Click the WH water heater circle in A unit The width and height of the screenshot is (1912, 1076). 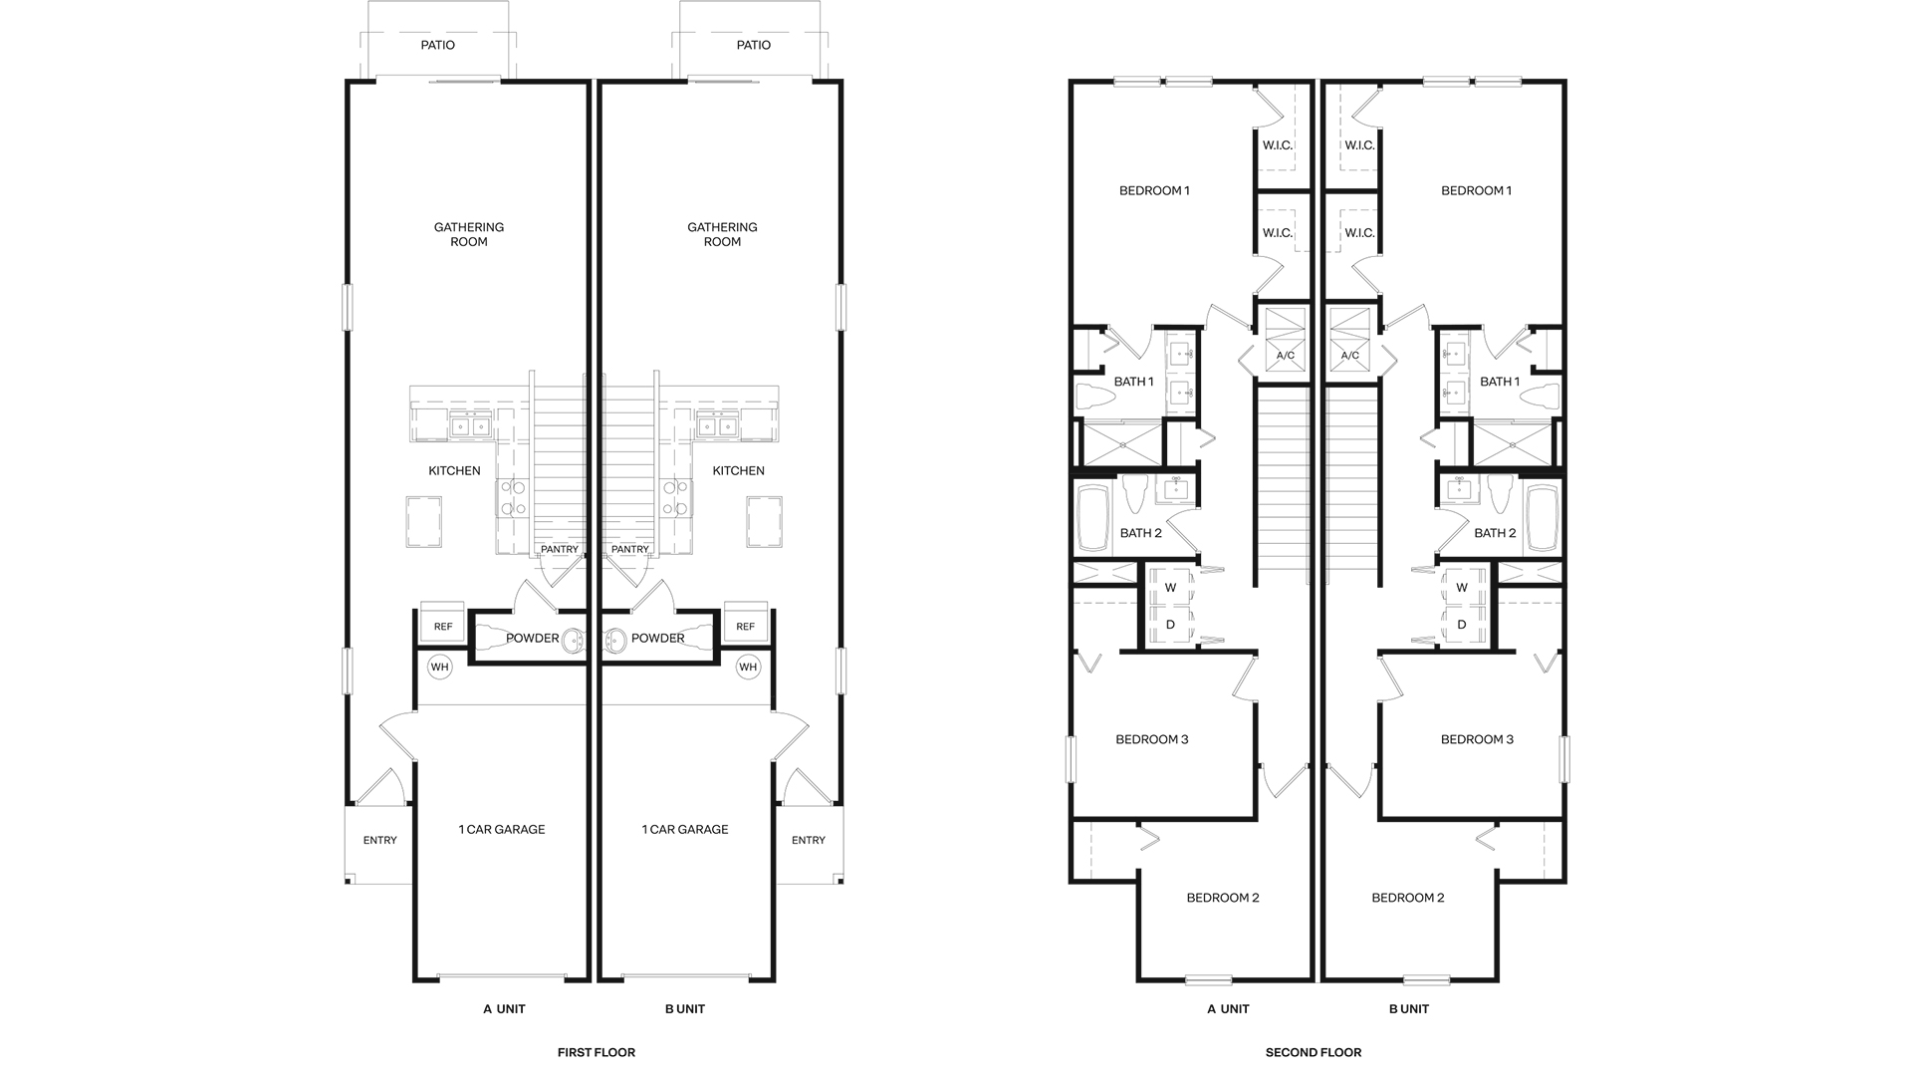click(439, 667)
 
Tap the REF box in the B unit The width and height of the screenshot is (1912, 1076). click(745, 626)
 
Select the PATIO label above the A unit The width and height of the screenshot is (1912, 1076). click(437, 45)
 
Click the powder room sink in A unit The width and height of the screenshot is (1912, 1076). click(574, 641)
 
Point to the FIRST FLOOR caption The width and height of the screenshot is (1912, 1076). click(596, 1052)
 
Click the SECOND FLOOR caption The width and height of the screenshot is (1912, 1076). click(1313, 1052)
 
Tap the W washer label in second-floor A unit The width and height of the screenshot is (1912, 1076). click(1170, 588)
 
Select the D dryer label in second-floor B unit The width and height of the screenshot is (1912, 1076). click(1461, 625)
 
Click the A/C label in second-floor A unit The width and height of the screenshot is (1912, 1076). click(1285, 356)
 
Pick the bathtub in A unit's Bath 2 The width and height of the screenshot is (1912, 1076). click(1092, 518)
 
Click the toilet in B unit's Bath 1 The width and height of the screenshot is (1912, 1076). click(1540, 397)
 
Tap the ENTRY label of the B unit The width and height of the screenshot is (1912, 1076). click(808, 840)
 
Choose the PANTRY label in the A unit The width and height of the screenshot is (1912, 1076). click(559, 549)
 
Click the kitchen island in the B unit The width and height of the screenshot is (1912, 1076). click(764, 521)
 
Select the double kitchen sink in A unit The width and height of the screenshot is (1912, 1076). click(469, 426)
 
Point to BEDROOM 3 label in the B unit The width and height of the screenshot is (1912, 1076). click(1477, 739)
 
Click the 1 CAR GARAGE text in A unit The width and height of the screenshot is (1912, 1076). click(501, 829)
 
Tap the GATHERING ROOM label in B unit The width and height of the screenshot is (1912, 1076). click(722, 234)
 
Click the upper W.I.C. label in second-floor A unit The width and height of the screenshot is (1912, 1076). click(1277, 145)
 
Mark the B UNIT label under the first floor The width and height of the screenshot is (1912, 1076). click(684, 1009)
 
